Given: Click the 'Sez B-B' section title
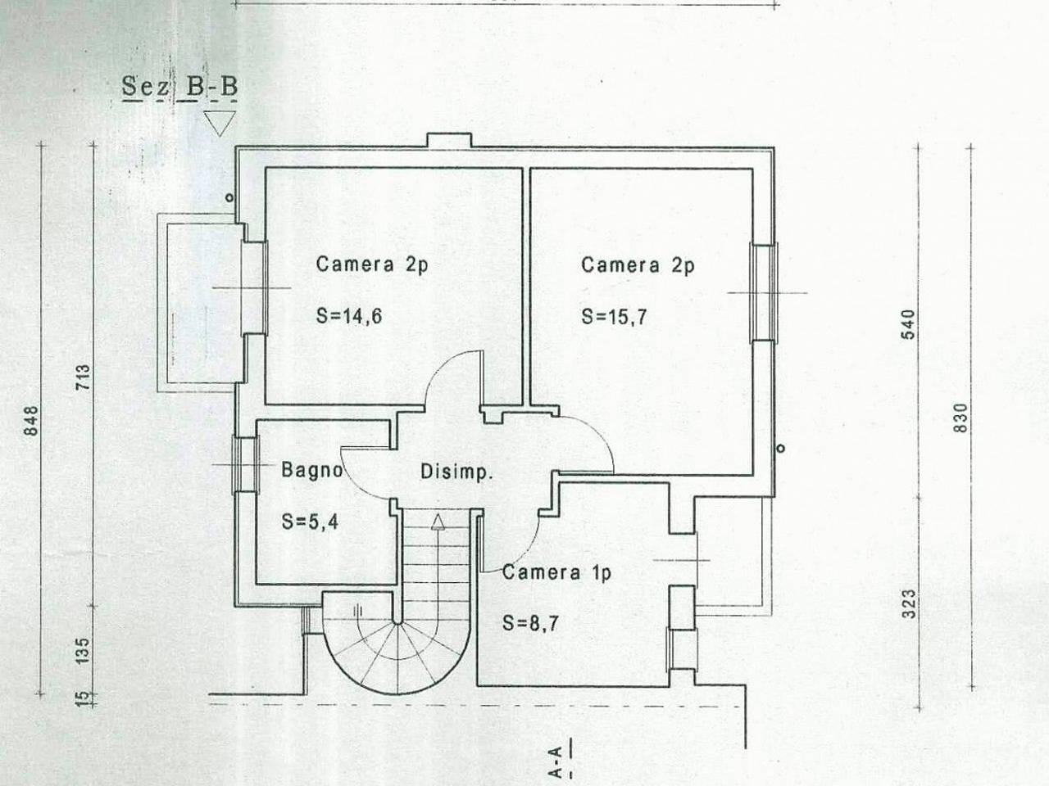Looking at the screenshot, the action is (x=179, y=87).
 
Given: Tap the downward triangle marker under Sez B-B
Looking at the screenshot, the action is (x=220, y=123).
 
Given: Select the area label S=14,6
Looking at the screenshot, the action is (x=349, y=316).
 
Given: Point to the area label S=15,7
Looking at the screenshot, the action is (x=614, y=316).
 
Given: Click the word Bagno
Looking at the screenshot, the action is (x=312, y=470).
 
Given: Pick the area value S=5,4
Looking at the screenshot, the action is (x=310, y=522).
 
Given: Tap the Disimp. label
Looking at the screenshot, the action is (x=456, y=472).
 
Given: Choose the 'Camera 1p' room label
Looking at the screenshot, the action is (x=556, y=572).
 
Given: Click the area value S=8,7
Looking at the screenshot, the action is (x=530, y=623).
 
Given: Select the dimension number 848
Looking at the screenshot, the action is (x=31, y=421).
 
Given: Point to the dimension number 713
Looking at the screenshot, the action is (x=83, y=377).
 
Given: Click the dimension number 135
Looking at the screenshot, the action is (x=82, y=650).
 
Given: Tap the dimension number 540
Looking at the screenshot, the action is (x=908, y=324).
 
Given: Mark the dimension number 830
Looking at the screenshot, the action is (x=960, y=418).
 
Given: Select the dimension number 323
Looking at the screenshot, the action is (x=909, y=603).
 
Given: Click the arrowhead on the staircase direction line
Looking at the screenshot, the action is (x=438, y=522).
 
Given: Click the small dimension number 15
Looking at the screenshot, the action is (x=83, y=698).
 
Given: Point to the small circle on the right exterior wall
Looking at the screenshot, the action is (x=780, y=448).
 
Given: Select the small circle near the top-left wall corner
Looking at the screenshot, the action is (x=229, y=197).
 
